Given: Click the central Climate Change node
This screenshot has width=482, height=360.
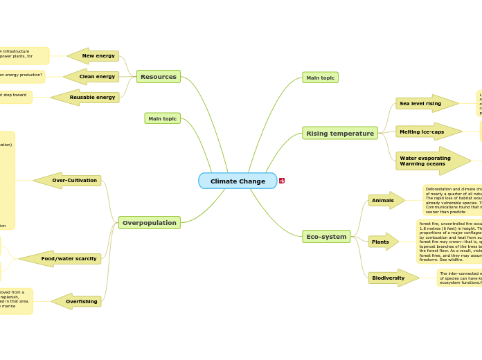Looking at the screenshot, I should pos(238,181).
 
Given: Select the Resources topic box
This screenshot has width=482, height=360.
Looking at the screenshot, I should pos(159,77).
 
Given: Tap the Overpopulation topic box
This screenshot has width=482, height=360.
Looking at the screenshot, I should pos(150,223).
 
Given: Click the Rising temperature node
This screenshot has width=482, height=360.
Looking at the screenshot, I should pos(340,133).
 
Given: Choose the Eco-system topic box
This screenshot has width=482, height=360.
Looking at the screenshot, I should pos(326,237).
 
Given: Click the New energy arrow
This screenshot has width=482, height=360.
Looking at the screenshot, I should pos(94,56).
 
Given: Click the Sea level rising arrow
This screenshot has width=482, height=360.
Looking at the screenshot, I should pos(425,104).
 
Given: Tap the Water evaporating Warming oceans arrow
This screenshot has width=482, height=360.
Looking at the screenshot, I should pos(431,161).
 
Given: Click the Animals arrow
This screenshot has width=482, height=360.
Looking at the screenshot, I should pos(386,200).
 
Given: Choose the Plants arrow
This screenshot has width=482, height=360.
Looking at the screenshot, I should pos(383,242).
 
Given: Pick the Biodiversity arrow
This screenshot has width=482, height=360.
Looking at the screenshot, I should pos(392,278).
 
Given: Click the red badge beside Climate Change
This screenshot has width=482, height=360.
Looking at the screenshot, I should pos(282,181).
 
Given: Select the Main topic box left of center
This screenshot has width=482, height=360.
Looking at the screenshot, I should pos(163,118).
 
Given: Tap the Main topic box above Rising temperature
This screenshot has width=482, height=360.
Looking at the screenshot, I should pos(320,78).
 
